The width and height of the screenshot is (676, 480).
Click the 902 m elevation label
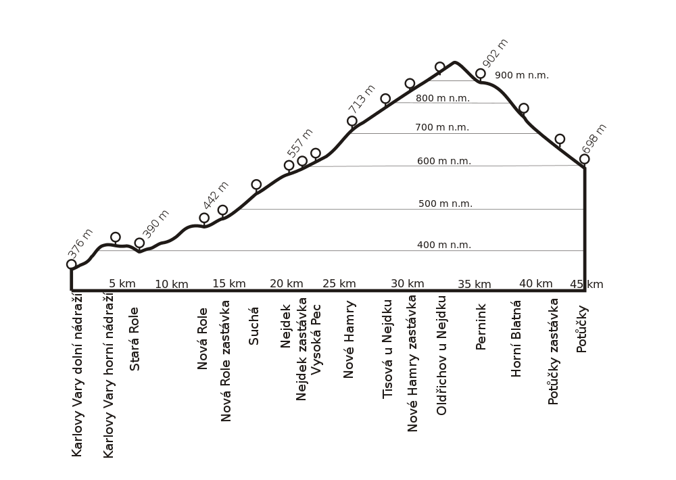point(496,52)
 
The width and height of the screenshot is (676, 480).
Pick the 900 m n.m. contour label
point(521,75)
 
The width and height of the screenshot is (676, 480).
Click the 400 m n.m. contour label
point(443,245)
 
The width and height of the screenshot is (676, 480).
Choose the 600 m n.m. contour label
point(443,161)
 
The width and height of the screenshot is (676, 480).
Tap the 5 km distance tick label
point(122,284)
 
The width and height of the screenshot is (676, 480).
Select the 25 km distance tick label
point(339,284)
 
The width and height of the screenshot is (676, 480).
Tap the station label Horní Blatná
point(516,336)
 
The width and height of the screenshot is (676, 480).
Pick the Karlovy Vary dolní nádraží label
point(77,374)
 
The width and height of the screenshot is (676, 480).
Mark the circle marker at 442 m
point(204,218)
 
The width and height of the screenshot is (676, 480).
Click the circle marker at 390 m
point(139,243)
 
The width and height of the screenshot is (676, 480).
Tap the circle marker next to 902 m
point(481,73)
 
